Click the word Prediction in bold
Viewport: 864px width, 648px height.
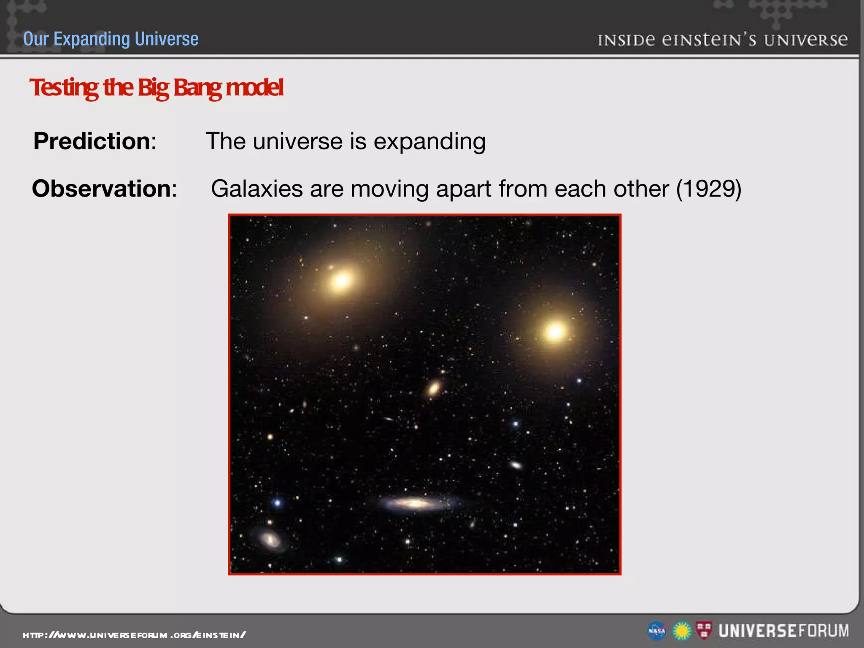92,141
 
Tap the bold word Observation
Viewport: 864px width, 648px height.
101,189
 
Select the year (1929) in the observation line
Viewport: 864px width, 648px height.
708,189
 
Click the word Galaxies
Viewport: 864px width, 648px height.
256,189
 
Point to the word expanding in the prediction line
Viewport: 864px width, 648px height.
429,142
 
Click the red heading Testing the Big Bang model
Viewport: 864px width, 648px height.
156,88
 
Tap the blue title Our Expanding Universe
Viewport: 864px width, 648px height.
111,39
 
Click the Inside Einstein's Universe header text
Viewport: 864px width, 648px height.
722,40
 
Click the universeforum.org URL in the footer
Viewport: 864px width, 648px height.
134,635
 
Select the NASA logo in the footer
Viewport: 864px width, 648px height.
657,631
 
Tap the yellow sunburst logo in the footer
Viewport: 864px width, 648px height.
682,631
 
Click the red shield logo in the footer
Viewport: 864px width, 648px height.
703,630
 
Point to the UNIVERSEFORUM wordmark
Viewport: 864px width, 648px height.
784,631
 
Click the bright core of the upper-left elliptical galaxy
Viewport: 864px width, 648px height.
341,280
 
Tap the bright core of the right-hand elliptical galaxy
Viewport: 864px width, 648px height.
555,332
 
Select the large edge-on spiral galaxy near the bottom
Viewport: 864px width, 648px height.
416,503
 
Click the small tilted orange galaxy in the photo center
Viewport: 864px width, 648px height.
433,388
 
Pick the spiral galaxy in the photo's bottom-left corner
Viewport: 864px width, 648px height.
270,540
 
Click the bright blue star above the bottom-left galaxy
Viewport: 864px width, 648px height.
277,502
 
